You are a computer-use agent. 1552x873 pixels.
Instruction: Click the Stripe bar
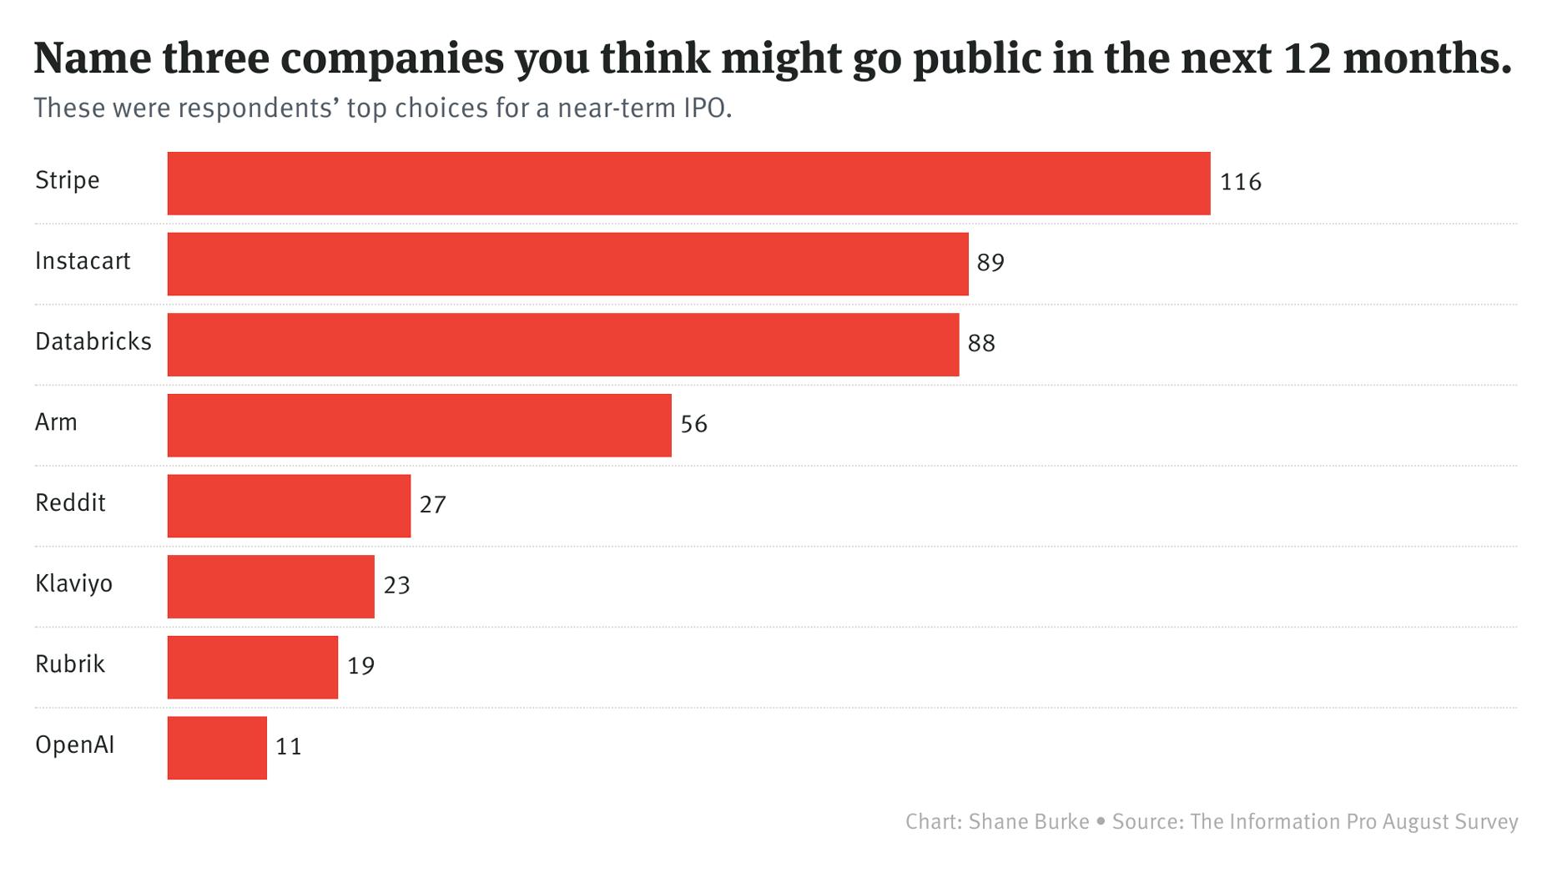tap(688, 183)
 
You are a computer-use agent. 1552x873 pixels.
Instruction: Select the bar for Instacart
tap(567, 264)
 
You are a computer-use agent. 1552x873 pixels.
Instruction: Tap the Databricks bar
tap(563, 345)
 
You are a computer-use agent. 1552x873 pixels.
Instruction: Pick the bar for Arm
tap(419, 426)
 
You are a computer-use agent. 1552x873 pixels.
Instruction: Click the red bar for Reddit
tap(289, 506)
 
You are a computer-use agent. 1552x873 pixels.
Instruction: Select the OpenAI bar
tap(217, 748)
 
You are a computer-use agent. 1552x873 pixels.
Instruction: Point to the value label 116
tap(1240, 183)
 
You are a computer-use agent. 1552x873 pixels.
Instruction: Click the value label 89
tap(990, 264)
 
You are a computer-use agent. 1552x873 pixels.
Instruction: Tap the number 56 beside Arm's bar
tap(693, 425)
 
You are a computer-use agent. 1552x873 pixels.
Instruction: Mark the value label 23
tap(396, 586)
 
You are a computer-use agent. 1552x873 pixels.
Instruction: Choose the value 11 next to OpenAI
tap(288, 747)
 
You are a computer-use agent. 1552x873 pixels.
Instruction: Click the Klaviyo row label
tap(73, 583)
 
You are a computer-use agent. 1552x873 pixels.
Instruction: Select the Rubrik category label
tap(70, 664)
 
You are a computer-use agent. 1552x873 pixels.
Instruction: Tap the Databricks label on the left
tap(93, 341)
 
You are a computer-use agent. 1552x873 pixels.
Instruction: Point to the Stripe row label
tap(67, 180)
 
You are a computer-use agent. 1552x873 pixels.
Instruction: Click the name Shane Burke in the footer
tap(1029, 821)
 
